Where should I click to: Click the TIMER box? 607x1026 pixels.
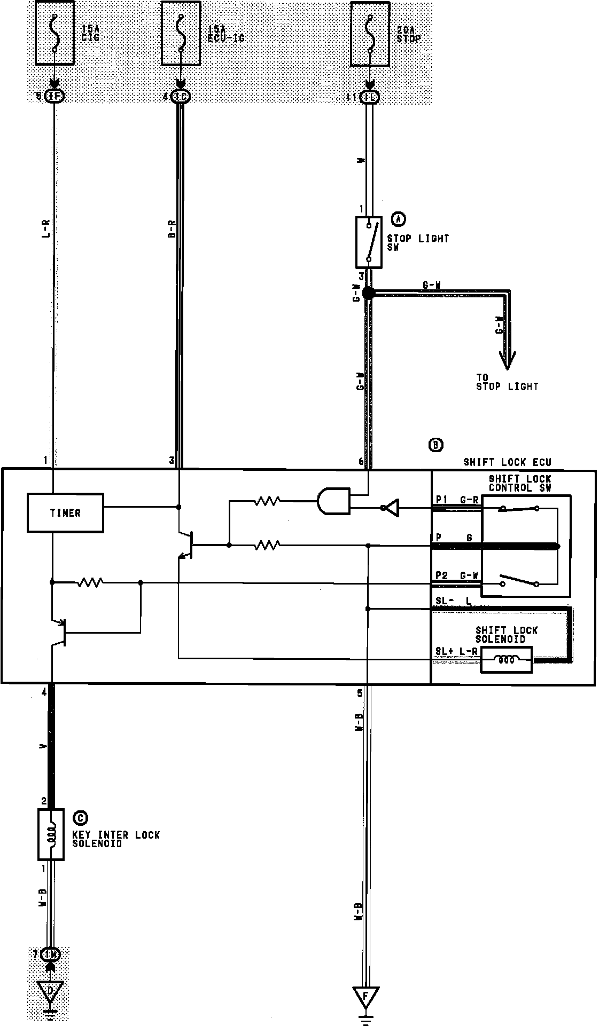[65, 513]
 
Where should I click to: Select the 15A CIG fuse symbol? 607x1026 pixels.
[55, 33]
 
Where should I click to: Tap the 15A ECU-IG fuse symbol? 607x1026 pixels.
[181, 33]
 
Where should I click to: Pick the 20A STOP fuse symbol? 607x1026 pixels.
[369, 33]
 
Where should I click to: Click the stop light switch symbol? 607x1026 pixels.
[369, 242]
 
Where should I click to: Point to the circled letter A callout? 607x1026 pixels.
[399, 218]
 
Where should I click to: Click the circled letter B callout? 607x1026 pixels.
[436, 445]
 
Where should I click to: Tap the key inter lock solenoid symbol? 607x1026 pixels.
[51, 834]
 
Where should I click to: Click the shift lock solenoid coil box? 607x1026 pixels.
[506, 660]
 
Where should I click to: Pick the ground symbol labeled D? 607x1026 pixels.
[51, 991]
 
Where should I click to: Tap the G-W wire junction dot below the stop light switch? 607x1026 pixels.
[368, 293]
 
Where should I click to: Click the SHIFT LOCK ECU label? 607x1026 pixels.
[507, 462]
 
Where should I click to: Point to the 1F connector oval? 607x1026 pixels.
[55, 97]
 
